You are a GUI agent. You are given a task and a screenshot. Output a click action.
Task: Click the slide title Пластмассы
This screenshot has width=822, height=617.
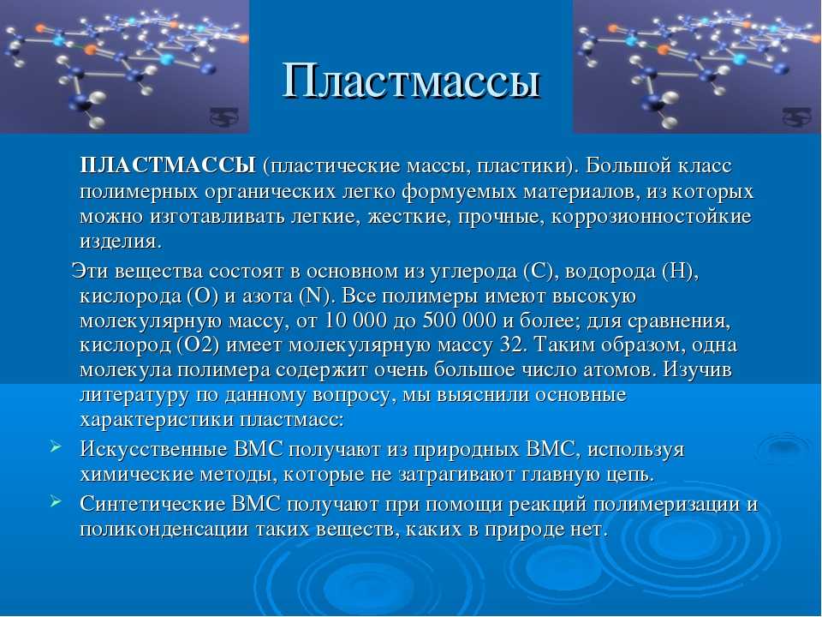tap(412, 82)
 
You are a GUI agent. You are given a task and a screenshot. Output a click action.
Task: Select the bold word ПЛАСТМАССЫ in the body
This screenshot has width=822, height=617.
tap(168, 165)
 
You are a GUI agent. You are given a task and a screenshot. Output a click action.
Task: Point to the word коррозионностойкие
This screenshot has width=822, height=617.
tap(652, 217)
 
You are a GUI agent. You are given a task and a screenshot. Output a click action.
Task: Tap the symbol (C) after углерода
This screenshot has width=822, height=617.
tap(538, 272)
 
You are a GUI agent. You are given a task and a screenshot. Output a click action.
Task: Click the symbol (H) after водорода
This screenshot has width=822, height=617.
tap(678, 272)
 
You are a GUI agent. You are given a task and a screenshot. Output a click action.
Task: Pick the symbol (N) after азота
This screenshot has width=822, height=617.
tap(315, 297)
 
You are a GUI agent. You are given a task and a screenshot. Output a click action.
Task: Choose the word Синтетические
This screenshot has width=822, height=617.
tap(151, 504)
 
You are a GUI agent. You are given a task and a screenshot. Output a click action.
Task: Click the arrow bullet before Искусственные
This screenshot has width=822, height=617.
tap(56, 447)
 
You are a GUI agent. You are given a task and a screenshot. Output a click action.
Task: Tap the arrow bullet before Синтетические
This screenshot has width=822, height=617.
tap(56, 501)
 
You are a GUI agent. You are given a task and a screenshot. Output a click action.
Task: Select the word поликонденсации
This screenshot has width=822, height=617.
tap(164, 530)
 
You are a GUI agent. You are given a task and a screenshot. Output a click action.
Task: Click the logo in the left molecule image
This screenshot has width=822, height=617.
tap(224, 117)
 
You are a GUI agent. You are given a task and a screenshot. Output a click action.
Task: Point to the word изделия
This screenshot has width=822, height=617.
tap(121, 242)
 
